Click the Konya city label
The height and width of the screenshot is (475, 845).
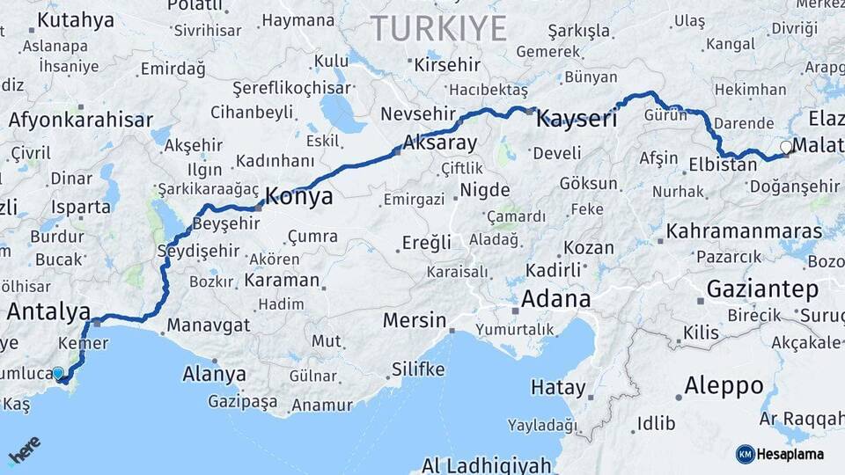299,196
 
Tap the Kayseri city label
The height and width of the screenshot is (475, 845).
577,118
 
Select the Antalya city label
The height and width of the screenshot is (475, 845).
48,311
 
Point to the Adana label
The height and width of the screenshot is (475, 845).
555,298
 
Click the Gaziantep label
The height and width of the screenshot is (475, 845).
762,289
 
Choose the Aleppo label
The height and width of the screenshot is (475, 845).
724,385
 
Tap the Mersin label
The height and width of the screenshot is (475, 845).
415,320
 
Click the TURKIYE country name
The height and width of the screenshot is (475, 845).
439,29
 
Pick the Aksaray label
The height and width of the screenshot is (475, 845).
439,142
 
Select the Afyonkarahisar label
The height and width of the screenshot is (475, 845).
81,121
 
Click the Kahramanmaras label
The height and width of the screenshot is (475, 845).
745,231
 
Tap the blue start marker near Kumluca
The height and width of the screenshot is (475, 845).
58,374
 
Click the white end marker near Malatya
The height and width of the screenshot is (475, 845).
785,148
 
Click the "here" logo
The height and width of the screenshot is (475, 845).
24,449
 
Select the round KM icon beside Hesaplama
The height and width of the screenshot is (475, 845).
745,454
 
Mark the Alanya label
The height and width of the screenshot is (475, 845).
214,374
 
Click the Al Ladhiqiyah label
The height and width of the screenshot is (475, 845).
486,464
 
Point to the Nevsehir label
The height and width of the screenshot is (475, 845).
418,113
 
